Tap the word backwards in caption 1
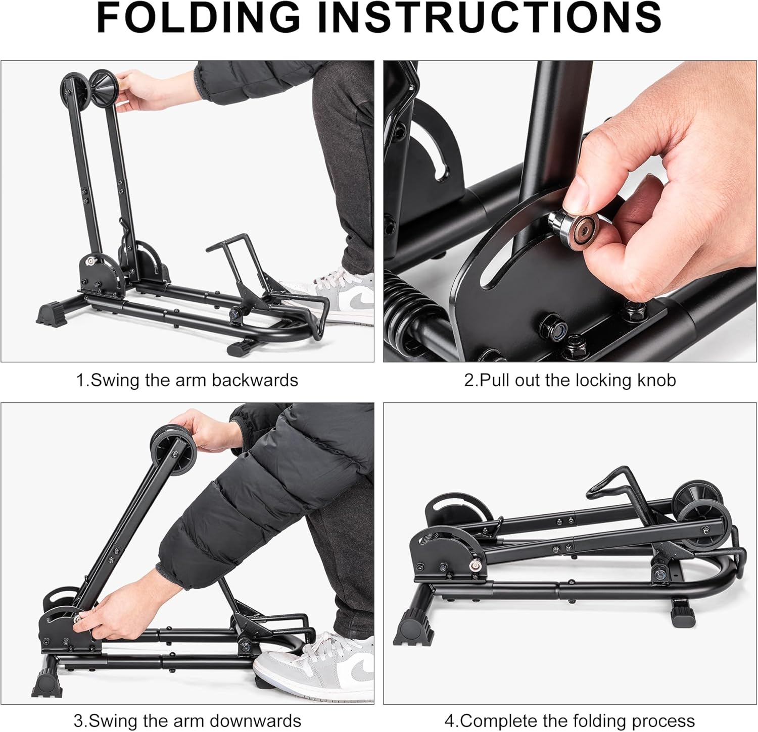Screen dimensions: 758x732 click(255, 380)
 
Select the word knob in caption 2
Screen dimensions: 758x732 click(656, 380)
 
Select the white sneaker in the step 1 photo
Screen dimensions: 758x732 click(344, 298)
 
